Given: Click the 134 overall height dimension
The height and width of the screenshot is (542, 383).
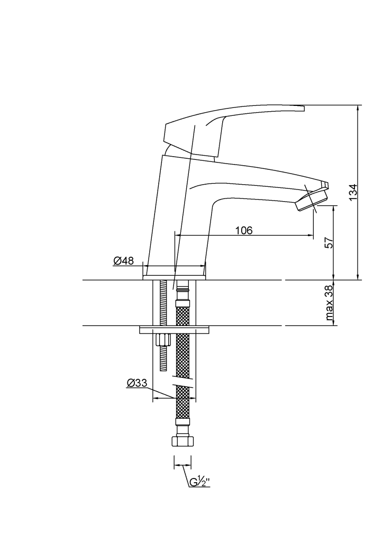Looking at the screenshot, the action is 353,192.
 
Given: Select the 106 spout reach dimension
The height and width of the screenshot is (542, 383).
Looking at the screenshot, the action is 244,230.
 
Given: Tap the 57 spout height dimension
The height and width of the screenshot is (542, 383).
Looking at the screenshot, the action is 330,242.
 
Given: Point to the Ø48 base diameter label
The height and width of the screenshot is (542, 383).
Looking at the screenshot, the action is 123,260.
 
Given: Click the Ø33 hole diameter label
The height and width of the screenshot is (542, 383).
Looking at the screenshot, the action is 137,383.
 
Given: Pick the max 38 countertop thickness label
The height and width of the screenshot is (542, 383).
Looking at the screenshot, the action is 330,303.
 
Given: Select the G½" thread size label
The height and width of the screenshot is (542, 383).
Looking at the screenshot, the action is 200,482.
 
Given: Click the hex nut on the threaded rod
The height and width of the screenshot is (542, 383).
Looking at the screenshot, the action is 163,340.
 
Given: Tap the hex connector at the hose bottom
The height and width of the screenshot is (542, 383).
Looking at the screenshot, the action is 183,441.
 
